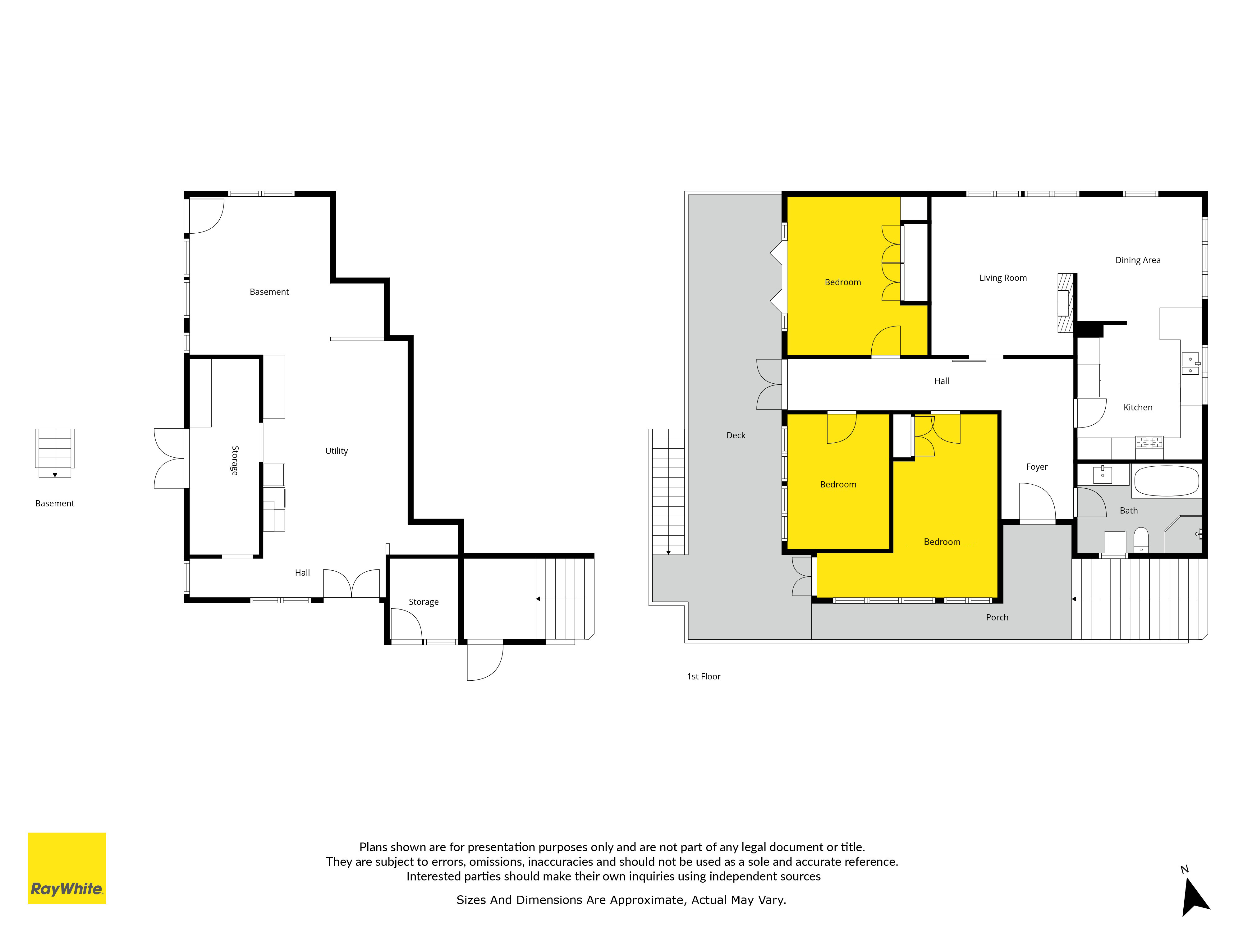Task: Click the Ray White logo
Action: click(x=67, y=868)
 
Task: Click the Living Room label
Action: click(x=1003, y=278)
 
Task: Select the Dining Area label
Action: click(x=1138, y=260)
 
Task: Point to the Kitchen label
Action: click(x=1138, y=407)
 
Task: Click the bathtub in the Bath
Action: click(x=1167, y=481)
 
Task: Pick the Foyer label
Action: click(x=1037, y=467)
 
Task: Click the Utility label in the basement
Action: click(x=337, y=451)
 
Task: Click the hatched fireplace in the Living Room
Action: click(x=1066, y=303)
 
